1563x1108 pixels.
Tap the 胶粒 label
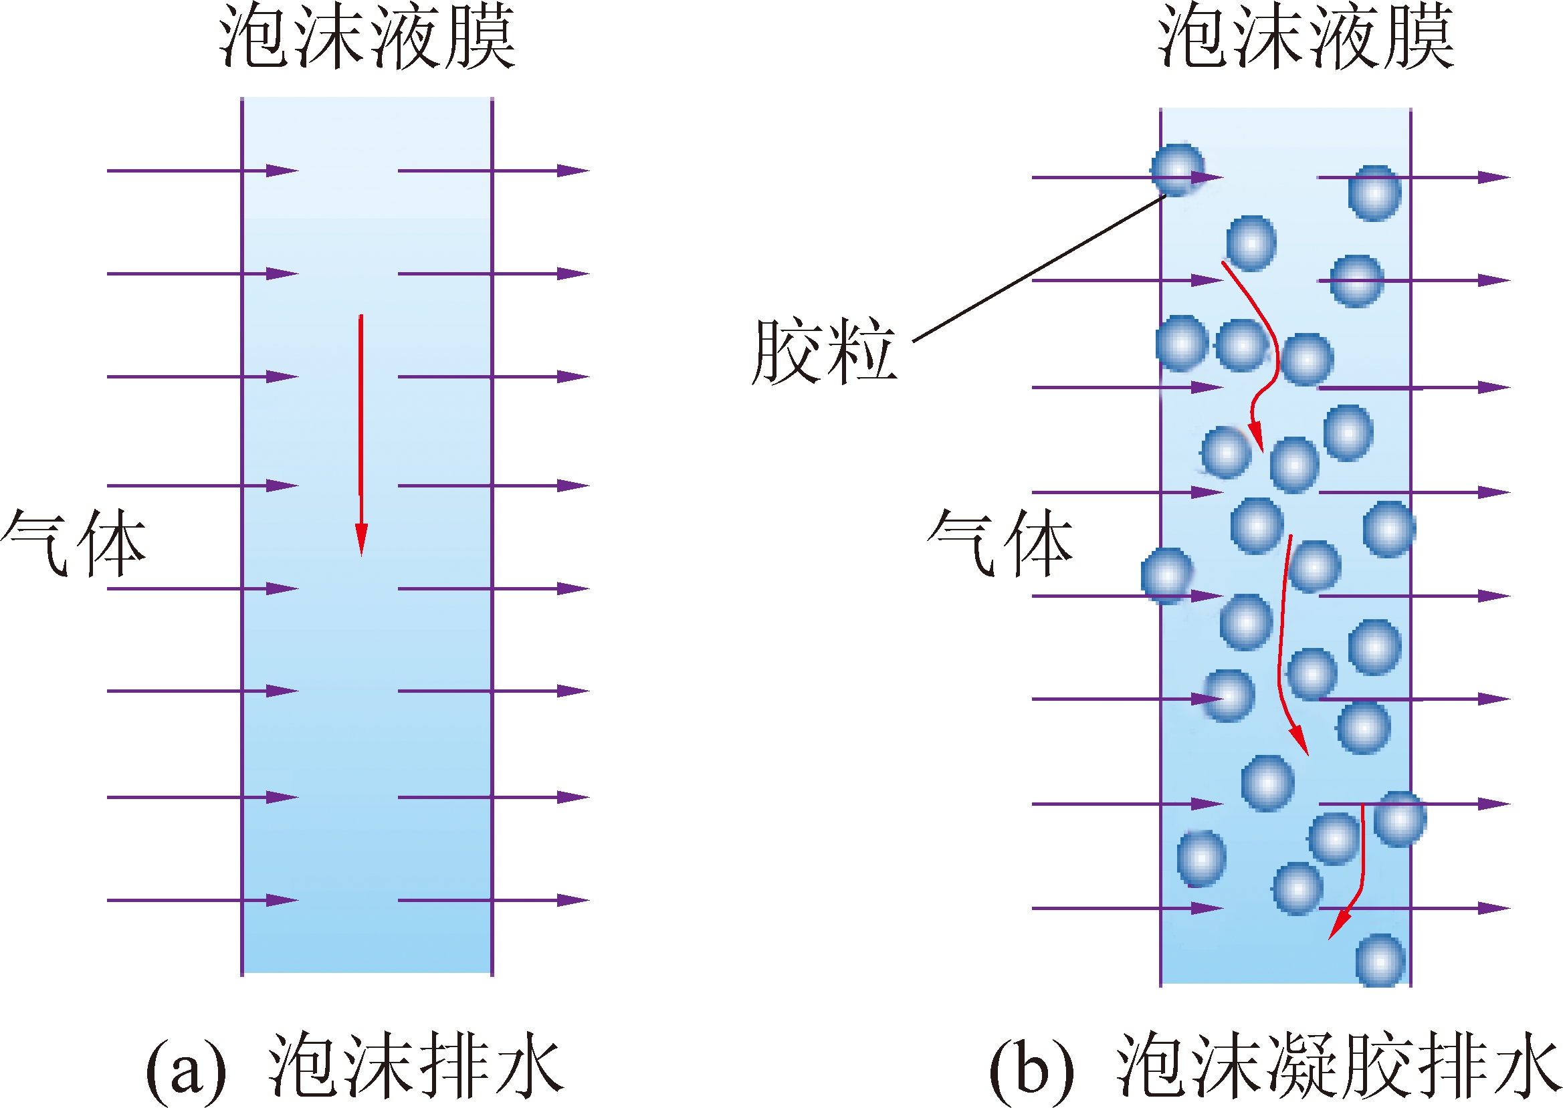coord(823,350)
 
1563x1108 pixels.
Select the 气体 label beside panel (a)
coord(74,543)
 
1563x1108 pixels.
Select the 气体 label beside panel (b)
coord(1000,543)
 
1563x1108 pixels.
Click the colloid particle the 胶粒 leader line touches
coord(1177,169)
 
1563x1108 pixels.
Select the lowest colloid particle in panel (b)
coord(1380,961)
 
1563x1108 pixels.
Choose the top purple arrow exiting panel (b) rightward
coord(1413,177)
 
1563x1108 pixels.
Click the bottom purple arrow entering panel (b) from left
coord(1126,908)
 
